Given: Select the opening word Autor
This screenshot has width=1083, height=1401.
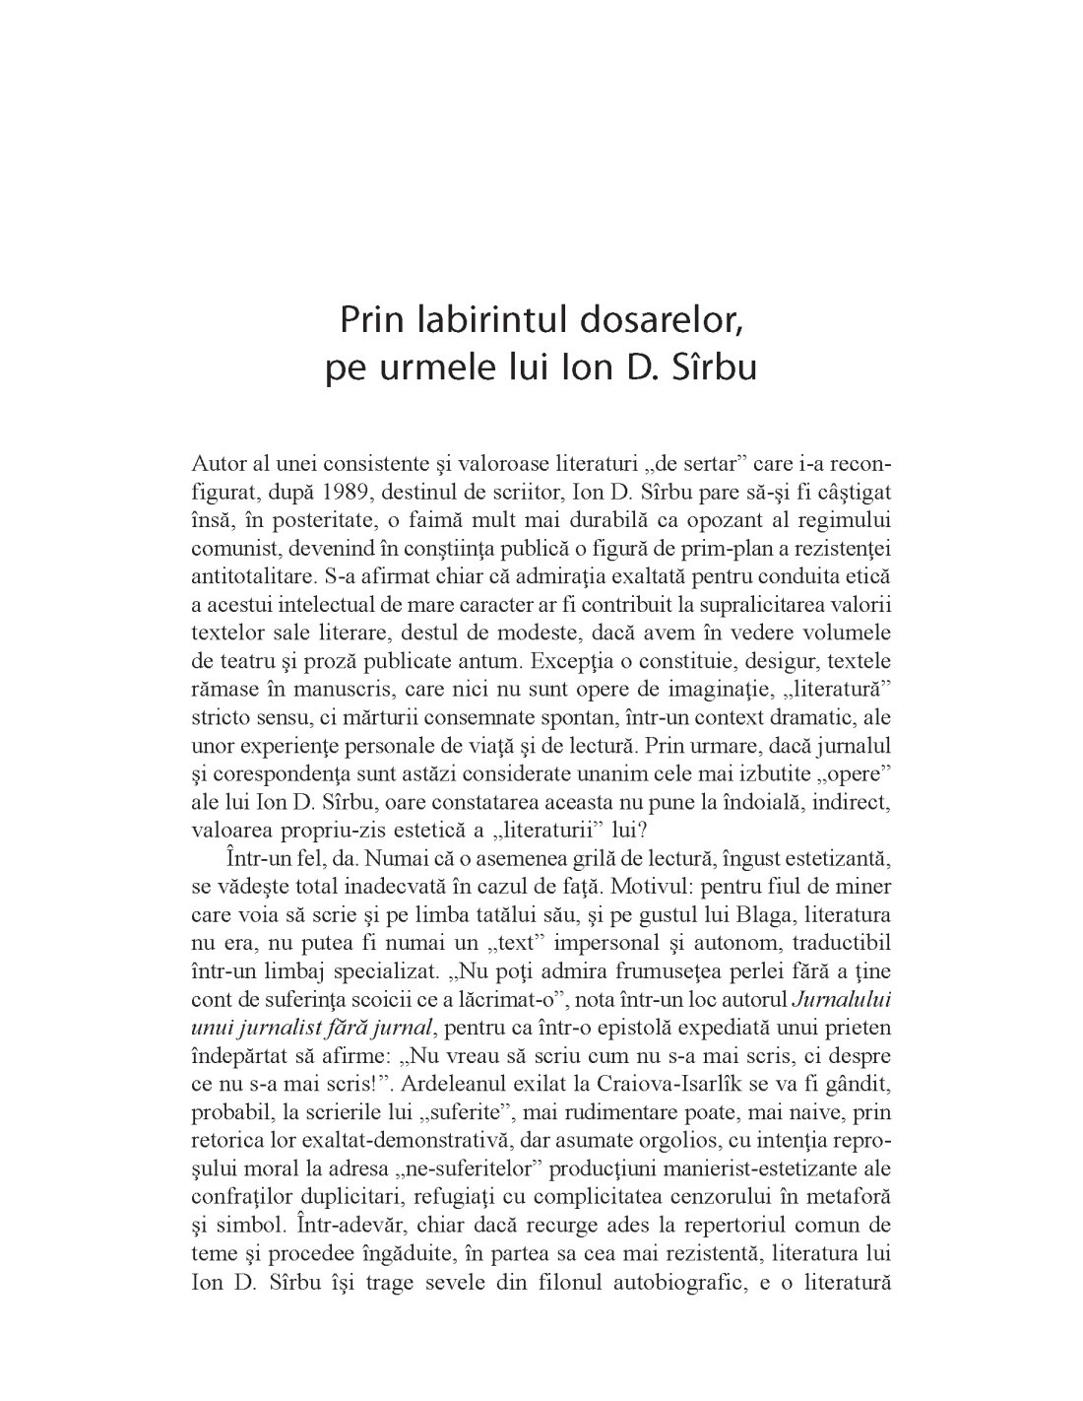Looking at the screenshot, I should (x=216, y=462).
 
